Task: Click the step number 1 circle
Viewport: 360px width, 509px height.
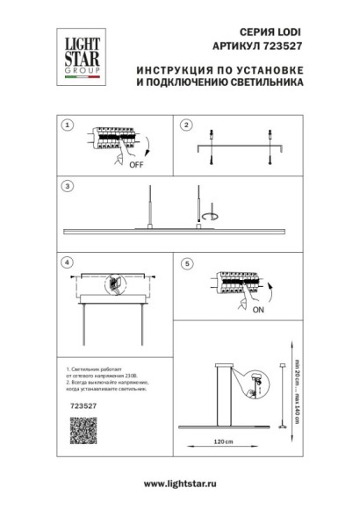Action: click(x=66, y=125)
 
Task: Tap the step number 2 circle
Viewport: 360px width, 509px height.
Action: click(x=186, y=125)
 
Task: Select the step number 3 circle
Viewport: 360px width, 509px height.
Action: click(x=66, y=186)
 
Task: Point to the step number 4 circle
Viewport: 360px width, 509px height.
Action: click(x=66, y=262)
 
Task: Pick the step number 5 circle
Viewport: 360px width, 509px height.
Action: click(x=186, y=262)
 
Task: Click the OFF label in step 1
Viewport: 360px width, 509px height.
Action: click(x=136, y=163)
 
